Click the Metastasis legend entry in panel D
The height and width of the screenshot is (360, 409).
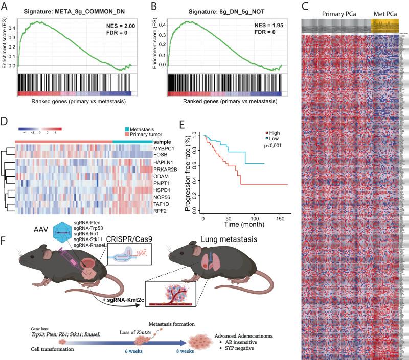coord(143,129)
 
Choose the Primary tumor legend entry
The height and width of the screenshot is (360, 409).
coord(145,135)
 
